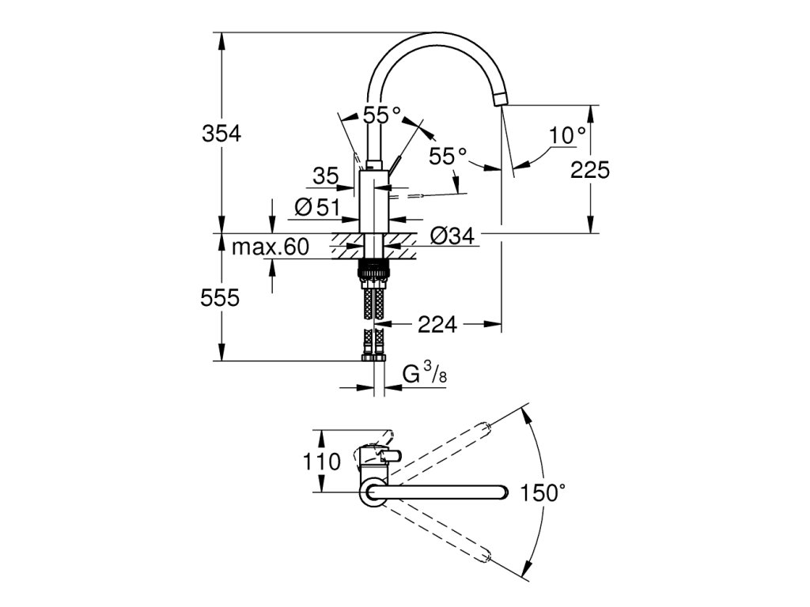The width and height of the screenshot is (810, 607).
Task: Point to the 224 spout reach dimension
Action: click(x=439, y=323)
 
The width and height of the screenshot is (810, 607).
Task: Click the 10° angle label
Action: click(x=568, y=136)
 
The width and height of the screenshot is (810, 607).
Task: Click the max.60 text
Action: click(x=269, y=247)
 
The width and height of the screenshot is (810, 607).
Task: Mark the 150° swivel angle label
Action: click(x=543, y=493)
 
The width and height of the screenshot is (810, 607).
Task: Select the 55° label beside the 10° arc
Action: click(x=448, y=156)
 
